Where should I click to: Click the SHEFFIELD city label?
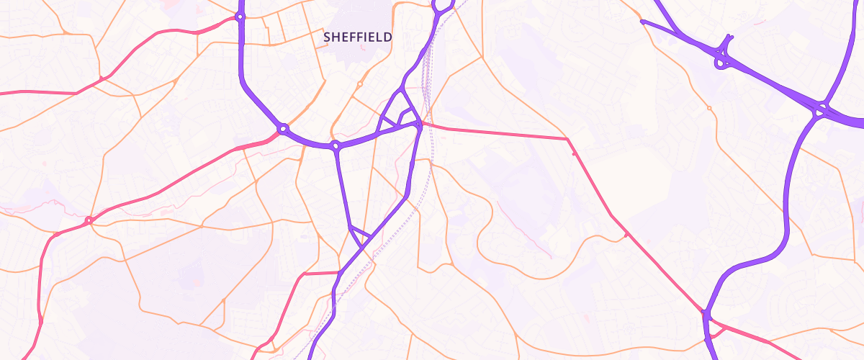click(x=358, y=37)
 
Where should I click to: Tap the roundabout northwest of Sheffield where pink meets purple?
click(x=240, y=17)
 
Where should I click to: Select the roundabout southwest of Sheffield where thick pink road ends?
click(x=284, y=129)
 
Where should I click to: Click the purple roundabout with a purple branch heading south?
click(x=336, y=146)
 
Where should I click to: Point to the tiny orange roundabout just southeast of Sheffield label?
click(x=359, y=84)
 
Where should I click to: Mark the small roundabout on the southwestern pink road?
click(x=89, y=220)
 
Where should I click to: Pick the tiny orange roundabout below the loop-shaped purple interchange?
click(x=709, y=108)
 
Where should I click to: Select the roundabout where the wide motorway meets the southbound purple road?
click(x=820, y=111)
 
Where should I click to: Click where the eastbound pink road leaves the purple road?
click(x=419, y=125)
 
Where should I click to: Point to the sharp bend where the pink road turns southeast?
click(x=567, y=139)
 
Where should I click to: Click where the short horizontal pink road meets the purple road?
click(x=338, y=272)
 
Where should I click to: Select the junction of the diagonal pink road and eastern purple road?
click(x=706, y=313)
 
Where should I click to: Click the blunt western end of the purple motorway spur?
click(x=642, y=22)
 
